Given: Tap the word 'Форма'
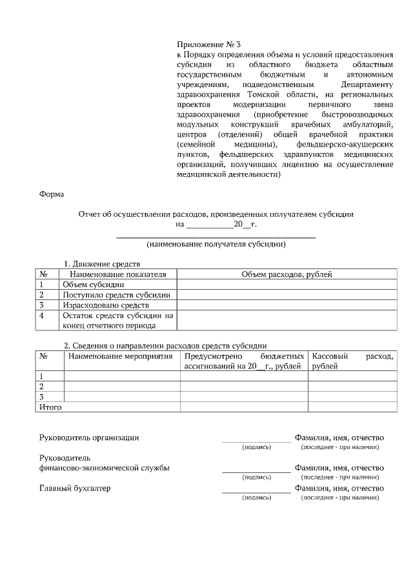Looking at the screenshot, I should tap(51, 193).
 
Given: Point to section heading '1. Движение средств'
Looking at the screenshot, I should tap(101, 264).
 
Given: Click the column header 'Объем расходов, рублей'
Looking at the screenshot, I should tap(287, 274).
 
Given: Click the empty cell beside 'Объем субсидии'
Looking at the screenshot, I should tap(287, 285).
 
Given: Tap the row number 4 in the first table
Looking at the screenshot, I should tap(41, 316).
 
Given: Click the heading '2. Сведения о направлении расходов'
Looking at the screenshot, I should tap(165, 345).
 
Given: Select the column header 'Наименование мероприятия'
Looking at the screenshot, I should tap(121, 356).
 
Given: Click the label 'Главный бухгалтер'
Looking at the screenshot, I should tap(75, 488).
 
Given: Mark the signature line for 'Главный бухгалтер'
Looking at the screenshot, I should tap(256, 493).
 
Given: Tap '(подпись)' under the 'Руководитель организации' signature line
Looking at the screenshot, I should tap(256, 447).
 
